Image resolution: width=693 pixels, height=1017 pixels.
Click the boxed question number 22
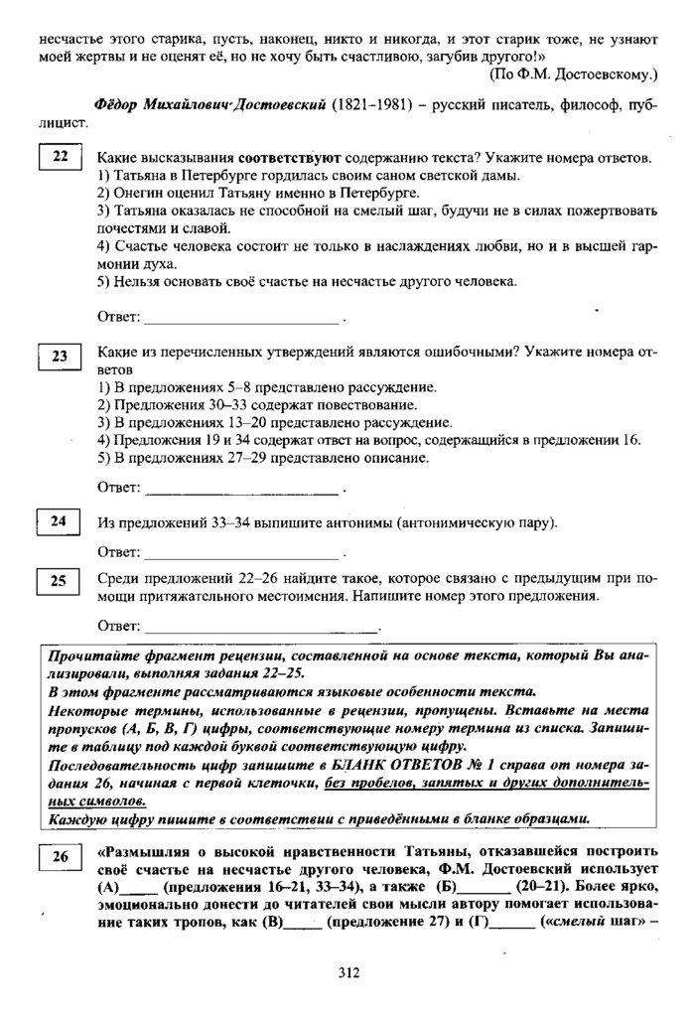click(58, 160)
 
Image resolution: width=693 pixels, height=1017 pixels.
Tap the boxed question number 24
click(58, 522)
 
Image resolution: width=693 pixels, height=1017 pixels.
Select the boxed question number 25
click(58, 581)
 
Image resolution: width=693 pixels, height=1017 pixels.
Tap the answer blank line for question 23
click(240, 492)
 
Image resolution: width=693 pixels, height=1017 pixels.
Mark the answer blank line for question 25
click(260, 630)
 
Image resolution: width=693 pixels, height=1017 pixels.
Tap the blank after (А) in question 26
click(139, 886)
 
